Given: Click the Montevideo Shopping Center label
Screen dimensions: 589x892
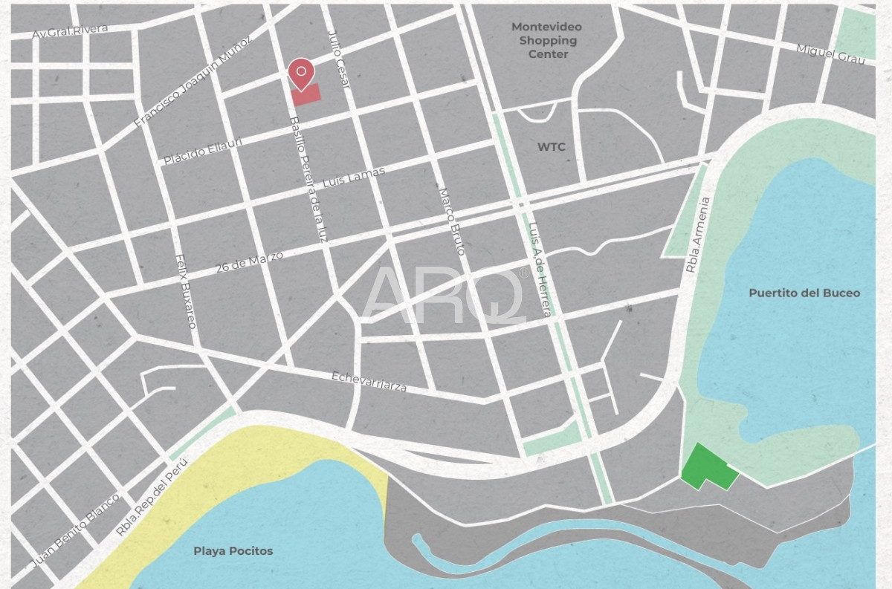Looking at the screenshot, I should coord(547,40).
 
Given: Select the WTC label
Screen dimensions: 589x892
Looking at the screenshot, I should coord(551,147).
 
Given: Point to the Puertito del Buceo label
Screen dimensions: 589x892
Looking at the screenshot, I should coord(804,293).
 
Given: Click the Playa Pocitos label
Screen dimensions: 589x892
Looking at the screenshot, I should coord(233,551).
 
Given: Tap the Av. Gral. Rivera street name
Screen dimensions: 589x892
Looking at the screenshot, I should coord(71,32).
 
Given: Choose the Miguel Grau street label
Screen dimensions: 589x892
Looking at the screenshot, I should coord(830,53).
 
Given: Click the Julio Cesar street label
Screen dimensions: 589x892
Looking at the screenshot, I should coord(338,59).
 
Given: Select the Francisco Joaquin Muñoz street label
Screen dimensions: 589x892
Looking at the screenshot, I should coord(192,82).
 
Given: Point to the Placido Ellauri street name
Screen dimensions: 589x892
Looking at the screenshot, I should coord(203,151).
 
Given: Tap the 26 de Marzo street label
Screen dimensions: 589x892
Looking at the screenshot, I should coord(249,262).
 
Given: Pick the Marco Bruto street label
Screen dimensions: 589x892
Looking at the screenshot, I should coord(451,221).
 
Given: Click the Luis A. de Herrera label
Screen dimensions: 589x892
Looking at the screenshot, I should coord(540,270).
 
